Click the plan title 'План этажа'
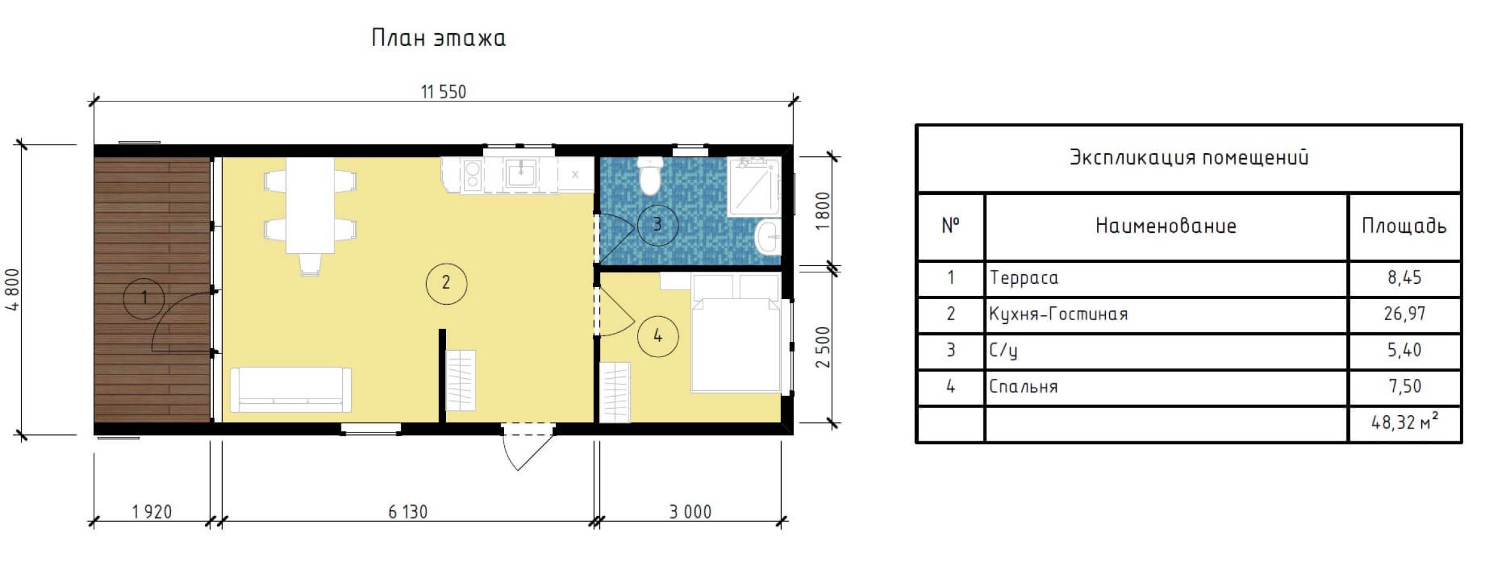tap(438, 38)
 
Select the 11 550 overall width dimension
tap(444, 92)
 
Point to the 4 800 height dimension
tap(13, 290)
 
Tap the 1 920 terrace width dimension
tap(152, 511)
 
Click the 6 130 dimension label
tap(408, 511)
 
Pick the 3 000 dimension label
tap(690, 511)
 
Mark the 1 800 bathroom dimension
tap(823, 211)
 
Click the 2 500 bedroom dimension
tap(823, 347)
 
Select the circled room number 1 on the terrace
tap(144, 297)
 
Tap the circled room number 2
tap(446, 283)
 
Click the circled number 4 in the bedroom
tap(658, 335)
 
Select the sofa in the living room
tap(290, 389)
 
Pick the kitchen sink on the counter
tap(521, 173)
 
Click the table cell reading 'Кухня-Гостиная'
tap(1058, 314)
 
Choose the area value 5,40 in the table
tap(1404, 350)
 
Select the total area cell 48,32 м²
tap(1405, 422)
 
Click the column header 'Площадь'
tap(1404, 226)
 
